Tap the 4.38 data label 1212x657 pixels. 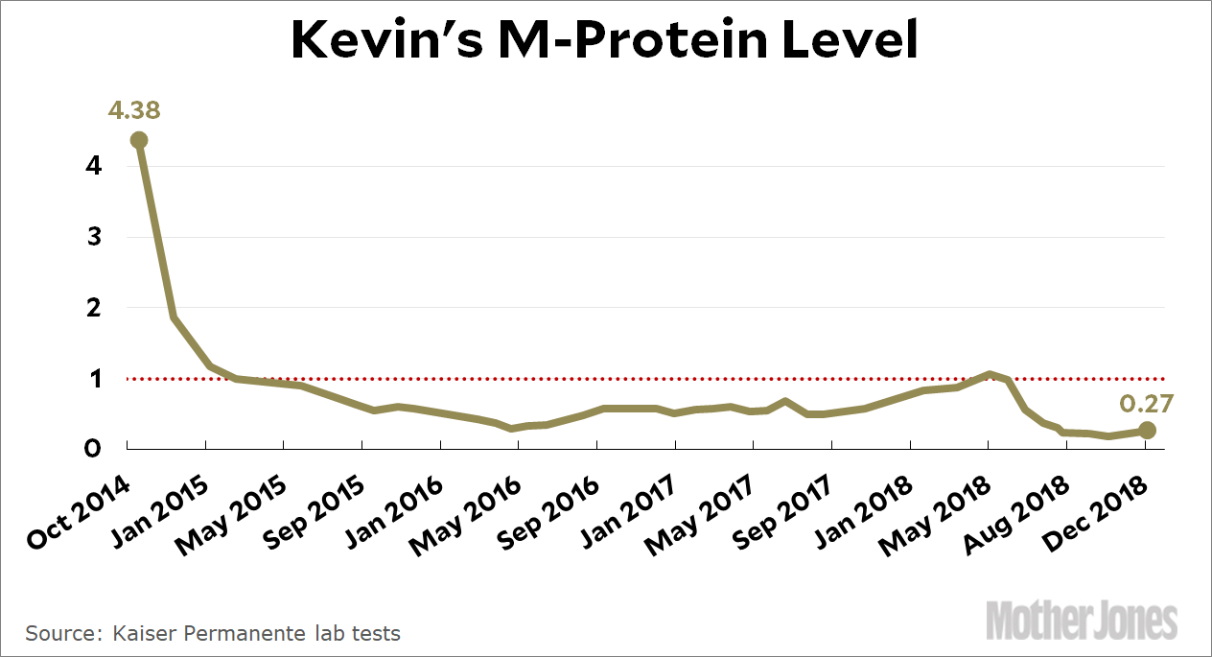coord(134,109)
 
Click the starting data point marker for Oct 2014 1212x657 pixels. coord(139,140)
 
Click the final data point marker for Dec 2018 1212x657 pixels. coord(1147,430)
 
